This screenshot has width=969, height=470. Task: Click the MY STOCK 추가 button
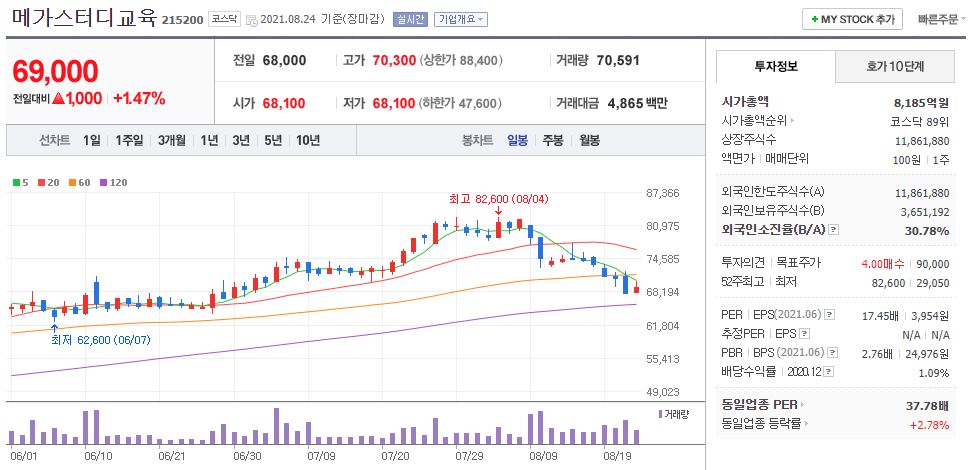[852, 19]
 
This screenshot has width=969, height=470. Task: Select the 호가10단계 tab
[894, 68]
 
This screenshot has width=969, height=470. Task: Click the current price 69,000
[56, 72]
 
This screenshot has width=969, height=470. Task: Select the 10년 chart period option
[308, 140]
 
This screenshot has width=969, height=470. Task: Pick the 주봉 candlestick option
[553, 140]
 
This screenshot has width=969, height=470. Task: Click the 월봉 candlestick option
[589, 140]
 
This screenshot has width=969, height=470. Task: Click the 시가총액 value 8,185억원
[921, 102]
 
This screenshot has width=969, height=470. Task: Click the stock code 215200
[182, 19]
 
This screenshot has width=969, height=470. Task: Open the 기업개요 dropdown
[460, 19]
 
